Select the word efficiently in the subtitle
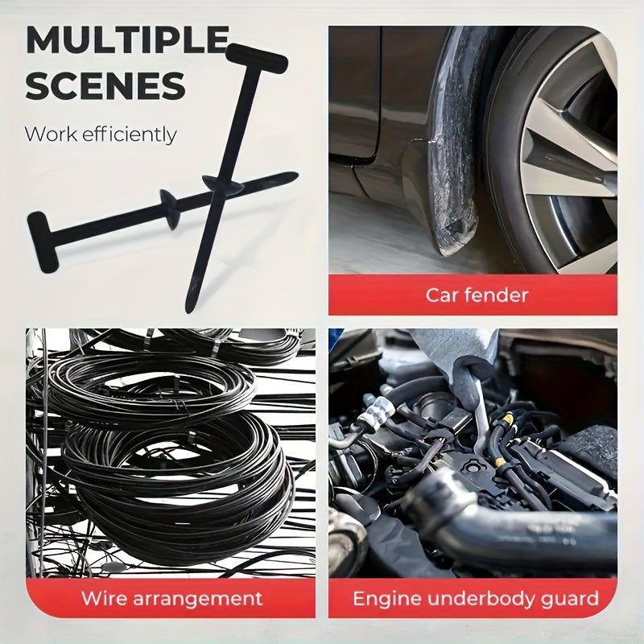pyautogui.click(x=130, y=134)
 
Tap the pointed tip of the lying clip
pyautogui.click(x=291, y=176)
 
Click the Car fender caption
pyautogui.click(x=477, y=295)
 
